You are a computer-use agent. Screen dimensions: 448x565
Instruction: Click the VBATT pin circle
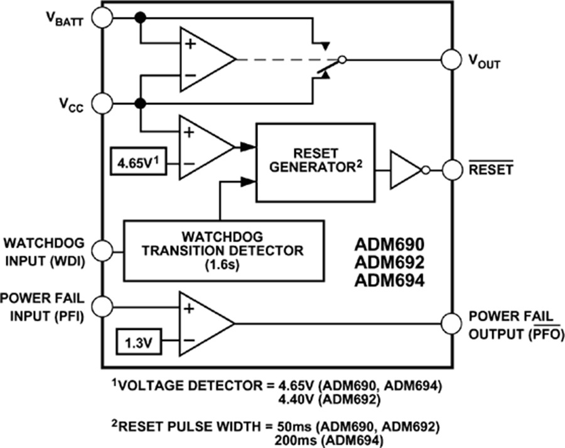(x=102, y=19)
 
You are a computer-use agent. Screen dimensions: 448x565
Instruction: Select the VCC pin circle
(x=102, y=102)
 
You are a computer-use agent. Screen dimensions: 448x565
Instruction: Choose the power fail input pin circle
(x=102, y=307)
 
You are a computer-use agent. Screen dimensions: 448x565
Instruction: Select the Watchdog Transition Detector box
(x=224, y=250)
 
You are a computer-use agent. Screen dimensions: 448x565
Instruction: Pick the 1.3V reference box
(x=137, y=343)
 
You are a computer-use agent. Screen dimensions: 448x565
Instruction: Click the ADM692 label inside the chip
(x=389, y=262)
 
